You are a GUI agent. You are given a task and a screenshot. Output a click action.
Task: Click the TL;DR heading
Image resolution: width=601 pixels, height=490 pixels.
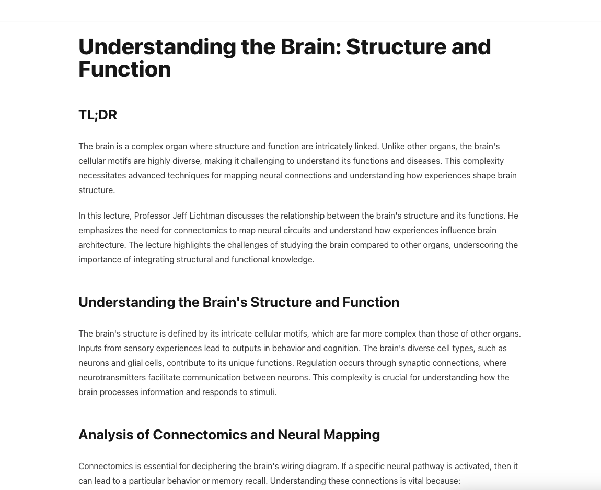click(x=98, y=115)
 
